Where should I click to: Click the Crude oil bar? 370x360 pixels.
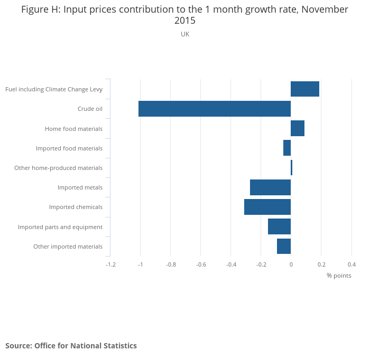215,109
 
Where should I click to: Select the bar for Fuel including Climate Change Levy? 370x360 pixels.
305,89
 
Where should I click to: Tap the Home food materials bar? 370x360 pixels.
298,128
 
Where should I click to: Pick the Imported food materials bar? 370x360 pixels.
287,148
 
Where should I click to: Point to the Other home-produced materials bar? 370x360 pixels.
291,168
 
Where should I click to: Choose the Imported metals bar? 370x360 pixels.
270,187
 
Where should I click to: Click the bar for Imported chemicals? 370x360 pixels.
267,207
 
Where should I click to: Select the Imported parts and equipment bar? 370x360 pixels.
279,226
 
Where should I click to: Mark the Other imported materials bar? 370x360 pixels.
284,247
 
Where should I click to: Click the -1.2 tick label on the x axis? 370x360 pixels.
110,264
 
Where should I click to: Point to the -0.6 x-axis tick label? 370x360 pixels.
201,264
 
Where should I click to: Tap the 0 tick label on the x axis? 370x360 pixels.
291,264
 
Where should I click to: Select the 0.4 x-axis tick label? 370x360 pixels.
351,264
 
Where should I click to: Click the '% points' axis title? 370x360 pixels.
339,276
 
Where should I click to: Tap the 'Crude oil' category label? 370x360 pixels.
90,109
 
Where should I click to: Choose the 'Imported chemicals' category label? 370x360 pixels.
76,207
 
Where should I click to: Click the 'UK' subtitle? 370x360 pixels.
185,34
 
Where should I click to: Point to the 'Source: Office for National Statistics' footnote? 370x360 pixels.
71,346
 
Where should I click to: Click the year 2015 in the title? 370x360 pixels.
185,21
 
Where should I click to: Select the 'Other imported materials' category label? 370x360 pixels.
68,247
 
